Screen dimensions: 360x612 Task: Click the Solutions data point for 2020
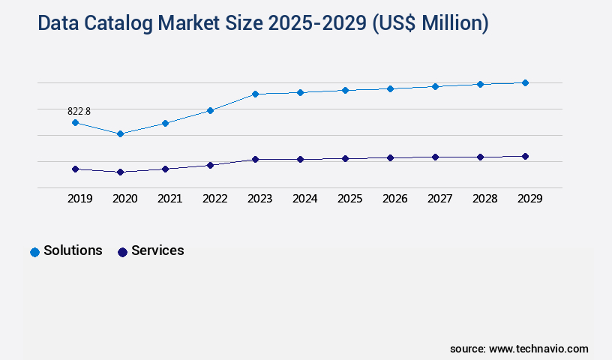[x=120, y=134]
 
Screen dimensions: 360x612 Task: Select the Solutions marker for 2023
[x=255, y=94]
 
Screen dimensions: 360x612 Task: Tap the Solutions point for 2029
[x=525, y=82]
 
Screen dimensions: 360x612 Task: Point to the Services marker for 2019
[x=75, y=169]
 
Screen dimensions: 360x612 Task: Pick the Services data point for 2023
[x=255, y=159]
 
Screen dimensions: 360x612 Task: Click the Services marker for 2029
[x=525, y=156]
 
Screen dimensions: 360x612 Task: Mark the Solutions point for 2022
[x=210, y=110]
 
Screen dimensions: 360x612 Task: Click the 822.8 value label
[x=79, y=111]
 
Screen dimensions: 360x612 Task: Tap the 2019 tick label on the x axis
[x=79, y=199]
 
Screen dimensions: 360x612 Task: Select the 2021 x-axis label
[x=169, y=199]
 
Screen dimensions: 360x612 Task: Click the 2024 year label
[x=304, y=199]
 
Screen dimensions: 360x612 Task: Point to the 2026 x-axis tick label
[x=394, y=199]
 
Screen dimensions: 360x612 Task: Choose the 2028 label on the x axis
[x=484, y=199]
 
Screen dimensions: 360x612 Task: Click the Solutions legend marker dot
[x=34, y=252]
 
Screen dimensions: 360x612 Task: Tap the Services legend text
[x=157, y=250]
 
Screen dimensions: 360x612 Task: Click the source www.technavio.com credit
[x=519, y=349]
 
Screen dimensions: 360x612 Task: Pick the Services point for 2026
[x=390, y=157]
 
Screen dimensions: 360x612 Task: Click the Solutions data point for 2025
[x=345, y=90]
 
